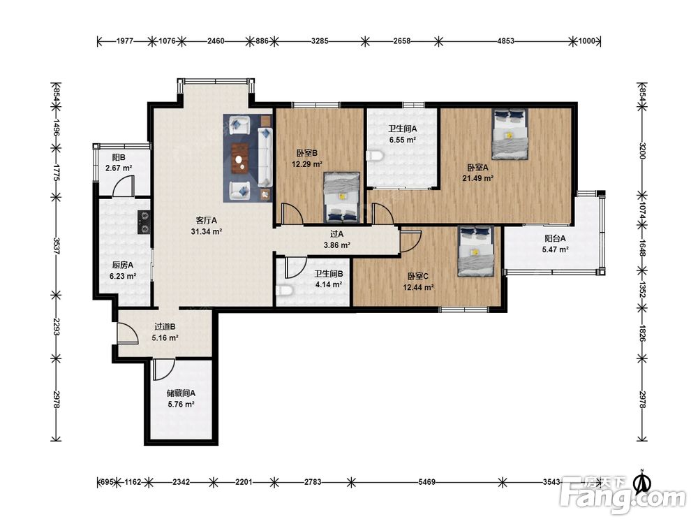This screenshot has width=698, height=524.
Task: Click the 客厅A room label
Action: [x=207, y=220]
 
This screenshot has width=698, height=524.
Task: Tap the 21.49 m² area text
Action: [x=477, y=178]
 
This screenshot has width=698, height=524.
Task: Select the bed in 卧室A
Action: [x=510, y=134]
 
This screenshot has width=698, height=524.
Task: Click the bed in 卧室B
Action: [x=341, y=197]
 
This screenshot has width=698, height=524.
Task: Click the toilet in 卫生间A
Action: [x=375, y=156]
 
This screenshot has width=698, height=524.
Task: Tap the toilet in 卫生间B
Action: [x=284, y=291]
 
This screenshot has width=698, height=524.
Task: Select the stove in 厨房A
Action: [x=144, y=222]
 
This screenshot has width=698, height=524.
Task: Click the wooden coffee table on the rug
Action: [x=241, y=158]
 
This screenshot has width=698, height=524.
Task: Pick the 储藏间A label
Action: [x=181, y=393]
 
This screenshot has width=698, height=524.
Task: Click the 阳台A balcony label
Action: [x=555, y=238]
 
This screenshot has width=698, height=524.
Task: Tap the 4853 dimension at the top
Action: [x=505, y=41]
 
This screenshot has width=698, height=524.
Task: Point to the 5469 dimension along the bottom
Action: [x=426, y=481]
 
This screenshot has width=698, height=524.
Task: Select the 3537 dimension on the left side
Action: [x=57, y=246]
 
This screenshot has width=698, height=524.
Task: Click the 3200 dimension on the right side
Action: [x=642, y=151]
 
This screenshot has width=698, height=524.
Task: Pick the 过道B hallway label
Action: [x=165, y=326]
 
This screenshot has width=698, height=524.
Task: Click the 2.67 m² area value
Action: [x=119, y=168]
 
